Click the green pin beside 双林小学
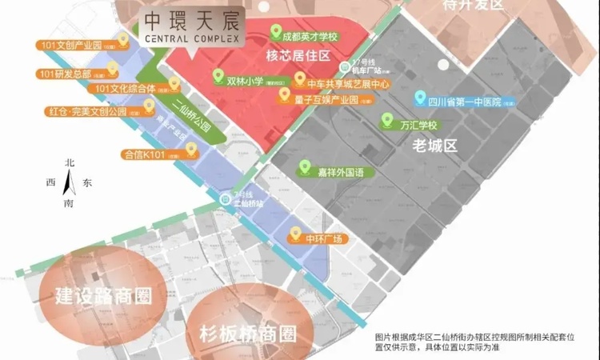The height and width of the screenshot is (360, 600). [217, 78]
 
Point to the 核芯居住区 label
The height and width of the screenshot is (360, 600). [298, 58]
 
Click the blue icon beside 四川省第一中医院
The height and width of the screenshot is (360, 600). [419, 102]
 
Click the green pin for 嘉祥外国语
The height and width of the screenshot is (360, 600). [304, 168]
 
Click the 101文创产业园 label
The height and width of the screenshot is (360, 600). [74, 45]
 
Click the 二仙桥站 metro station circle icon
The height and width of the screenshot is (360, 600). [226, 198]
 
